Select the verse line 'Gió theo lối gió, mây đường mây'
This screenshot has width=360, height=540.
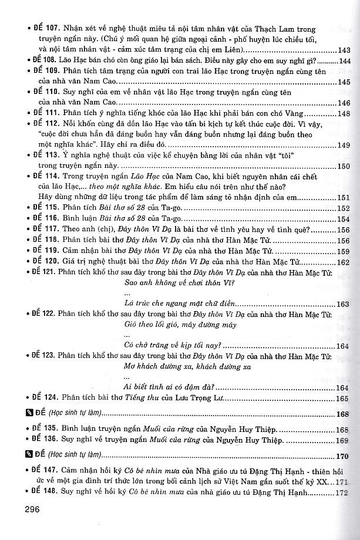pyautogui.click(x=173, y=325)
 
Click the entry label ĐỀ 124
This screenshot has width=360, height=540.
pyautogui.click(x=38, y=398)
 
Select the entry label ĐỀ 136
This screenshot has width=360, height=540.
pyautogui.click(x=38, y=440)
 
